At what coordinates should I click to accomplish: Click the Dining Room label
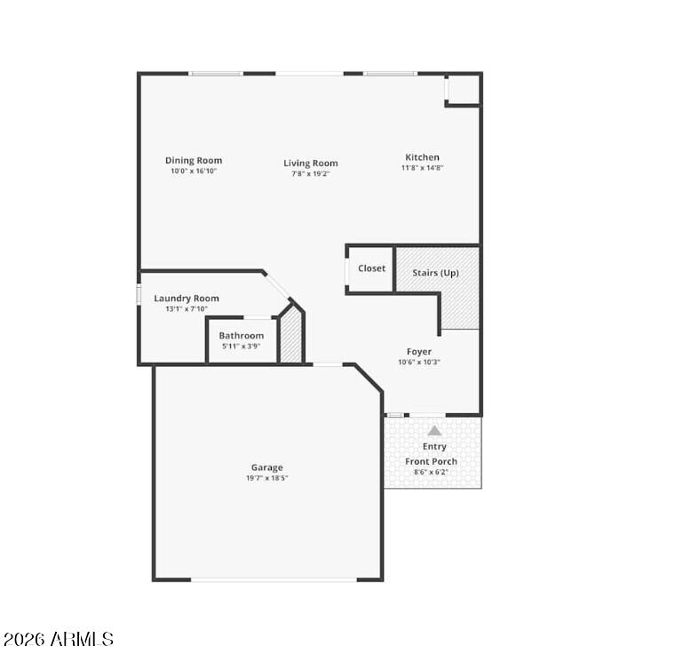pyautogui.click(x=194, y=161)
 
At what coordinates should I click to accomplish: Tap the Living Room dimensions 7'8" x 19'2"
pyautogui.click(x=310, y=174)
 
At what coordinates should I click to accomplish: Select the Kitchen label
pyautogui.click(x=422, y=157)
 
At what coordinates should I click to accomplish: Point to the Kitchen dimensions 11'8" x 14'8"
pyautogui.click(x=422, y=168)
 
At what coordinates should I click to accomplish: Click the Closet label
pyautogui.click(x=372, y=268)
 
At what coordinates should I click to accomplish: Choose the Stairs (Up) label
pyautogui.click(x=436, y=273)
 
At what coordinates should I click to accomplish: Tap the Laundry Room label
pyautogui.click(x=187, y=299)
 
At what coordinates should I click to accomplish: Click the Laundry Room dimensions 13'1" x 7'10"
pyautogui.click(x=187, y=308)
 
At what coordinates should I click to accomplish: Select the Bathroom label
pyautogui.click(x=242, y=335)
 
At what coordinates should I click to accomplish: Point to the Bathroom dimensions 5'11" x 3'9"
pyautogui.click(x=242, y=347)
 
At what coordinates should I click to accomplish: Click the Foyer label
pyautogui.click(x=419, y=352)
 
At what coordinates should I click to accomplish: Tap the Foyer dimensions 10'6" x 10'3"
pyautogui.click(x=419, y=363)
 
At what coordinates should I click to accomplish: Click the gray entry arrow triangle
pyautogui.click(x=434, y=431)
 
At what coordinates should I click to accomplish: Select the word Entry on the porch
pyautogui.click(x=434, y=447)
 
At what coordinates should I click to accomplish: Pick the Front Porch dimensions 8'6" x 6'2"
pyautogui.click(x=431, y=472)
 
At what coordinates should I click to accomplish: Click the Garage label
pyautogui.click(x=267, y=467)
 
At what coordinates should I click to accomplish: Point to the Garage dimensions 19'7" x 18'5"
pyautogui.click(x=267, y=478)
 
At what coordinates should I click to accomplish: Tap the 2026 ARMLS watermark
pyautogui.click(x=59, y=639)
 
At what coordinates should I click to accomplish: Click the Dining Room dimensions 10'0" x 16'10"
pyautogui.click(x=194, y=171)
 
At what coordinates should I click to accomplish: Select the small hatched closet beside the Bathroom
pyautogui.click(x=291, y=335)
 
